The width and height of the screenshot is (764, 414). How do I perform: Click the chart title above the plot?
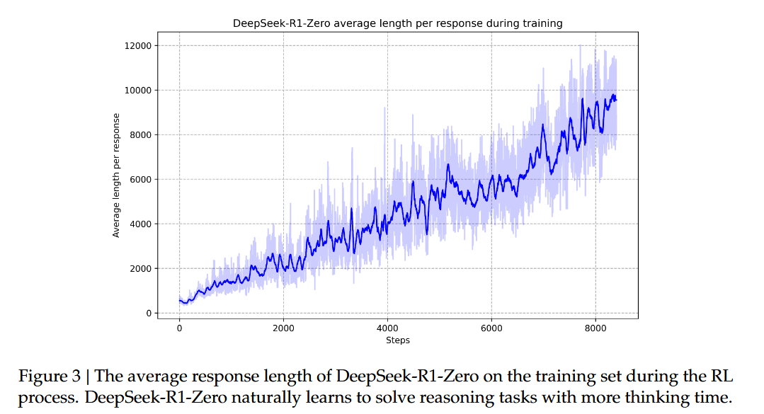click(397, 23)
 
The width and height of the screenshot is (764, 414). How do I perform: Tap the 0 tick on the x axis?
click(179, 328)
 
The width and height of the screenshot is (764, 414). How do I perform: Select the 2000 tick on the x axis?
click(283, 328)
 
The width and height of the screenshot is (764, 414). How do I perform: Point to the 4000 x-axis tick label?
click(387, 328)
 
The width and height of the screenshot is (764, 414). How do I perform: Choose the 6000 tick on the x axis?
click(491, 328)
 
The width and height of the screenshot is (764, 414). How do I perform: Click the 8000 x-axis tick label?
click(595, 328)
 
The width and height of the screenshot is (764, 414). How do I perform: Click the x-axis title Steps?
click(397, 340)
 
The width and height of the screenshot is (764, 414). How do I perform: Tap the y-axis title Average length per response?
click(117, 175)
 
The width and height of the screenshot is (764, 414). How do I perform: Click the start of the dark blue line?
click(180, 301)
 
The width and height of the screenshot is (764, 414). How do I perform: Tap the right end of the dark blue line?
click(616, 100)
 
